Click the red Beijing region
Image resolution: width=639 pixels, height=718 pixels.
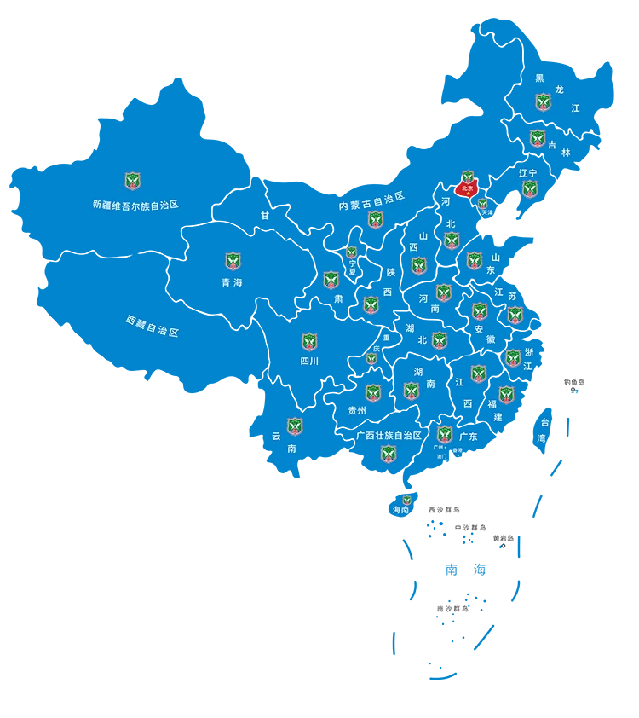[x=467, y=188]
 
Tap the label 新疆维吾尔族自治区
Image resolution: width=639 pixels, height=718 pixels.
[x=135, y=205]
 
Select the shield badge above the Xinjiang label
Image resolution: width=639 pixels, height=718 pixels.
[x=132, y=181]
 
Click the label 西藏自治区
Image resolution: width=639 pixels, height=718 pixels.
[x=153, y=326]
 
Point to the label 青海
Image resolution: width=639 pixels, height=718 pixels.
[x=232, y=282]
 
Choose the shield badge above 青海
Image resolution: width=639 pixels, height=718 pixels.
[x=233, y=261]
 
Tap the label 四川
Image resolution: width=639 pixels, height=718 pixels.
[x=308, y=362]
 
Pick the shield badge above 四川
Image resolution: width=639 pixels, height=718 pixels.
[x=309, y=342]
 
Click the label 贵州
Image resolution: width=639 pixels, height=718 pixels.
[x=357, y=410]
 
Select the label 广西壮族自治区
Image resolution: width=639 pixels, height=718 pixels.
[x=389, y=436]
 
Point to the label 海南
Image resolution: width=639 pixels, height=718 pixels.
[x=400, y=510]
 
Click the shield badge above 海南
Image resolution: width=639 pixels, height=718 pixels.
[x=406, y=500]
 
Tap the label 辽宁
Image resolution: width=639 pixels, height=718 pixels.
[x=528, y=173]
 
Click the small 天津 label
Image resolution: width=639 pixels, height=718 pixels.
[x=486, y=212]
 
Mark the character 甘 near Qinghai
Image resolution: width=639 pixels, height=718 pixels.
[x=265, y=216]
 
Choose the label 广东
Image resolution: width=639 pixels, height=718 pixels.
[x=468, y=437]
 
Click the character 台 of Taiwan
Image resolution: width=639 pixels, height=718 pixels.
[x=544, y=422]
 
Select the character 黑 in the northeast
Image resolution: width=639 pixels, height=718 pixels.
[x=539, y=78]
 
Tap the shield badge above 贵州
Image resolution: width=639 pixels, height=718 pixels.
[x=373, y=393]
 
